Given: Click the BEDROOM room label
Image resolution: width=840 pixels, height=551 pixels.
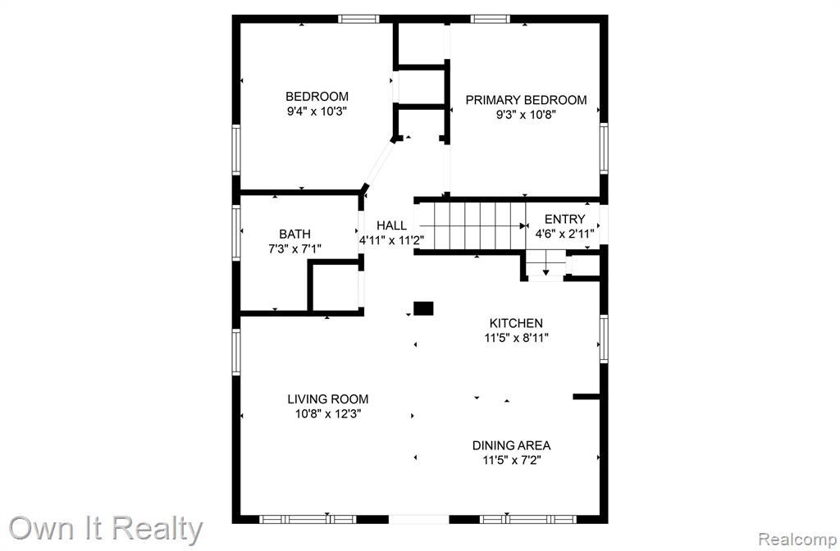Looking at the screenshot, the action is (x=317, y=97).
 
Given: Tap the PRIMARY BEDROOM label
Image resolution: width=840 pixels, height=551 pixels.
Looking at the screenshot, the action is (x=526, y=100).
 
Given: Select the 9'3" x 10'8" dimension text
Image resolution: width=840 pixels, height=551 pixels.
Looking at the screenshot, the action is (x=526, y=115).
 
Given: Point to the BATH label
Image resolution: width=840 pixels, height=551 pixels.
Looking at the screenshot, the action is (x=294, y=234).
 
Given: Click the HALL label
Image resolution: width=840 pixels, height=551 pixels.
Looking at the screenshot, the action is (x=391, y=225).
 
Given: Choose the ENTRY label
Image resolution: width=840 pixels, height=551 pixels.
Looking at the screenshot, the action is (x=564, y=219).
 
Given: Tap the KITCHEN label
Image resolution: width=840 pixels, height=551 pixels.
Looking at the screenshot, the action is (x=516, y=323).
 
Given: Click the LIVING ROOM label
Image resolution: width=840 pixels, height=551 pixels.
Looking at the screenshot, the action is (x=328, y=399).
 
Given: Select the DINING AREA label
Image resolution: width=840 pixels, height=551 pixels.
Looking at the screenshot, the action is (x=511, y=445).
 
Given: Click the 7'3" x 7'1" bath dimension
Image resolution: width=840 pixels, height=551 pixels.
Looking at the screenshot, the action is (x=294, y=249).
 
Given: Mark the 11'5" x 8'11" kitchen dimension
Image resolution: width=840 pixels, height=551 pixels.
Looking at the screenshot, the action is (x=516, y=338).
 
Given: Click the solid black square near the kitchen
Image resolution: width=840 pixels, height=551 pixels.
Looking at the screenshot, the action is (x=423, y=308).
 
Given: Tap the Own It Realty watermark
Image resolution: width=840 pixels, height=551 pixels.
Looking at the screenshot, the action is (x=106, y=529).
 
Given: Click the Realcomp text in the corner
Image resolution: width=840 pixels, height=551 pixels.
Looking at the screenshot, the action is (x=797, y=539).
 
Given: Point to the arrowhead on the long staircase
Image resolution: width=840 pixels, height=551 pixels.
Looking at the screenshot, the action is (x=522, y=226).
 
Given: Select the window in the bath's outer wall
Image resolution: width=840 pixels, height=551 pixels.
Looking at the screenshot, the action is (x=236, y=233).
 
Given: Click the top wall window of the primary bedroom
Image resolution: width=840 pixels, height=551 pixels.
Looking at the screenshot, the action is (x=491, y=20).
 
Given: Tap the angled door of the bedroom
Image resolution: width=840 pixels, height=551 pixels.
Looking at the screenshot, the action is (x=379, y=163).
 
